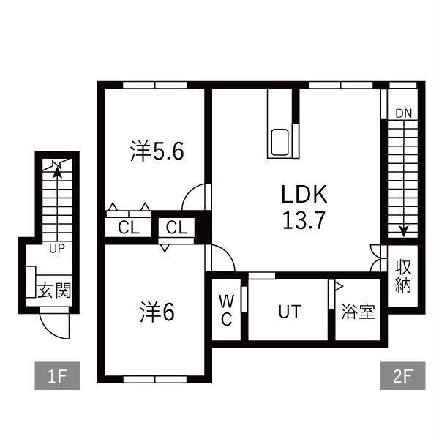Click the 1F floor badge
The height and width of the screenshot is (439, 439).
coord(57,376)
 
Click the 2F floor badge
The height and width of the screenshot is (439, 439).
coord(402,376)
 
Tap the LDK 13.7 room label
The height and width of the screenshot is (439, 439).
coord(304,207)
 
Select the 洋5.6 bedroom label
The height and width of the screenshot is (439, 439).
coord(157,151)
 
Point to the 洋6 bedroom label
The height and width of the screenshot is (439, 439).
coord(157,312)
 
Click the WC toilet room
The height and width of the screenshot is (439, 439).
coord(226,310)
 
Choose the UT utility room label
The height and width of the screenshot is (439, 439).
coord(290,312)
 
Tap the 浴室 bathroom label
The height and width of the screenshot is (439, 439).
coord(358,312)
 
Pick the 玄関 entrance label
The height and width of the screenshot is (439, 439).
coord(54,290)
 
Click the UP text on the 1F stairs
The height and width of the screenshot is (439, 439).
coord(57,248)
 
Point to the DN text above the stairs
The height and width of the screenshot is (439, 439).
coord(404,113)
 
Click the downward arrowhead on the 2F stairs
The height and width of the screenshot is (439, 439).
coord(403,231)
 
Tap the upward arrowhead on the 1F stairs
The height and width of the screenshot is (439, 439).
coord(57,172)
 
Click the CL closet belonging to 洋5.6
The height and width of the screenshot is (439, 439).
coord(129,227)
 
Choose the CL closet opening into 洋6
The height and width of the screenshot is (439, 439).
coord(176,227)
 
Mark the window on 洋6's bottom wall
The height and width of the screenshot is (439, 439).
coord(155,379)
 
